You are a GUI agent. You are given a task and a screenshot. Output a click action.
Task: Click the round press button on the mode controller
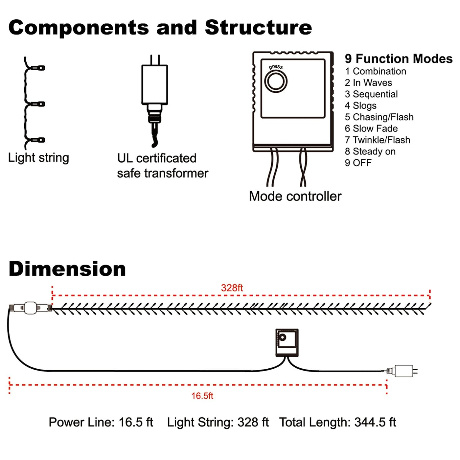tap(276, 81)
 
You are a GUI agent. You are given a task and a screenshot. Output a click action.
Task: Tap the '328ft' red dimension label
tap(232, 288)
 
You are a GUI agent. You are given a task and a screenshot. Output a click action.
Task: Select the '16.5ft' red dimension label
tap(202, 396)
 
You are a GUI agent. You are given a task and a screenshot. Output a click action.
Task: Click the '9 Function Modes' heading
tap(398, 59)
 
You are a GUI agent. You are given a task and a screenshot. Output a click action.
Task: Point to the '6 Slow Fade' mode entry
tap(371, 128)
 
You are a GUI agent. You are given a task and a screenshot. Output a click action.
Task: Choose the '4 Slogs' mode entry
tap(360, 105)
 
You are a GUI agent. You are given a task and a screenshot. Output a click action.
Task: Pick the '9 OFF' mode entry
tap(358, 163)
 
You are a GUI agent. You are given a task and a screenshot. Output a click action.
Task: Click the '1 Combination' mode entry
tap(375, 71)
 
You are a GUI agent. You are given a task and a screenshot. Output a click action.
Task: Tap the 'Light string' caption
tap(38, 158)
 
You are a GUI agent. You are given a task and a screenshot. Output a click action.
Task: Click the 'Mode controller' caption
tap(295, 196)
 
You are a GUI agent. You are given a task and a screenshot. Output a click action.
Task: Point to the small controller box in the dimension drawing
tap(287, 342)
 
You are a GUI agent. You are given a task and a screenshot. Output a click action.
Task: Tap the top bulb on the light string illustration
tap(40, 68)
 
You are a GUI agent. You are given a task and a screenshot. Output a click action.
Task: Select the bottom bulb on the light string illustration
tap(40, 140)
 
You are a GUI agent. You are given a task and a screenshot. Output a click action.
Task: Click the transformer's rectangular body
tap(154, 84)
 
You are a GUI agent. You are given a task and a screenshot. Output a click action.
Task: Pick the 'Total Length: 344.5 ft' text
tap(337, 422)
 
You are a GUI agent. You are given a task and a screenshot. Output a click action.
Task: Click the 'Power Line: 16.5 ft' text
tap(101, 422)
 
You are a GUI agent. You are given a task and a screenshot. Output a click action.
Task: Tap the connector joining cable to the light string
tap(31, 308)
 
